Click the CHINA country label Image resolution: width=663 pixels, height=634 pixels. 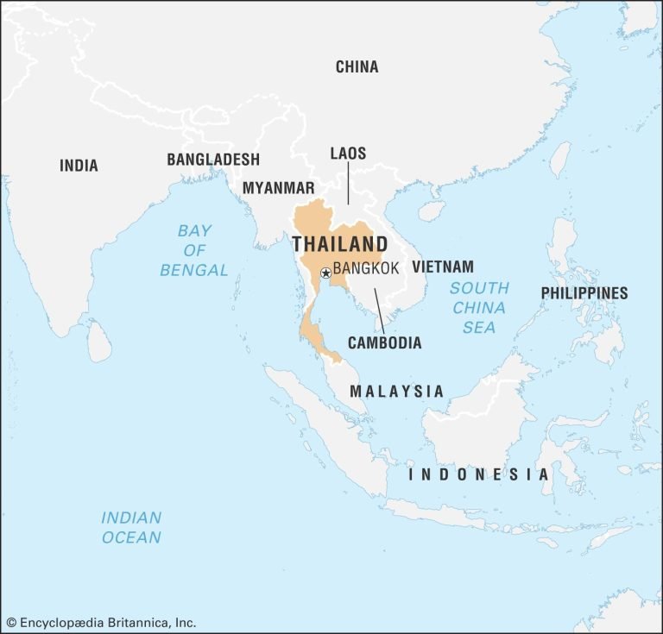[x=357, y=67]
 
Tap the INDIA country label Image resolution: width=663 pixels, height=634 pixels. [x=79, y=166]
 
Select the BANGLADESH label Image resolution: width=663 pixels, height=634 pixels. [x=212, y=160]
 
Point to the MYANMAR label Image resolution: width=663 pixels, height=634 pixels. [x=278, y=187]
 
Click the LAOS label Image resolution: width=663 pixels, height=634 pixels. [x=348, y=154]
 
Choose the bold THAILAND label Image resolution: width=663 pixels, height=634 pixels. [x=339, y=243]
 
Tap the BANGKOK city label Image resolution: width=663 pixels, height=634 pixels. [x=366, y=268]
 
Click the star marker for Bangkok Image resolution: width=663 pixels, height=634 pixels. [x=325, y=273]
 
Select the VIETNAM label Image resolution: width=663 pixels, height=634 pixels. [x=442, y=267]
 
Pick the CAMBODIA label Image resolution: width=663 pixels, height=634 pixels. [x=384, y=342]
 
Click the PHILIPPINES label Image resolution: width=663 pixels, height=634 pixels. [x=584, y=293]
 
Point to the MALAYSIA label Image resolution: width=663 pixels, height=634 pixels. [x=396, y=392]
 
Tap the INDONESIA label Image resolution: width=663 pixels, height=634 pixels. [x=478, y=474]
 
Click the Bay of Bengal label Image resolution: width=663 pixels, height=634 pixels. [x=194, y=250]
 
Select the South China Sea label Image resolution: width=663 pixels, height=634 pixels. [x=479, y=307]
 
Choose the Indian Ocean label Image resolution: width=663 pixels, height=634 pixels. [x=131, y=527]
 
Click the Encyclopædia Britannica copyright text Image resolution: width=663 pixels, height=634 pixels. [x=101, y=622]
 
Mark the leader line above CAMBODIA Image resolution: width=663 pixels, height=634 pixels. [x=379, y=310]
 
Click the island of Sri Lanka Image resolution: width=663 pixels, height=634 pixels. [x=100, y=343]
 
